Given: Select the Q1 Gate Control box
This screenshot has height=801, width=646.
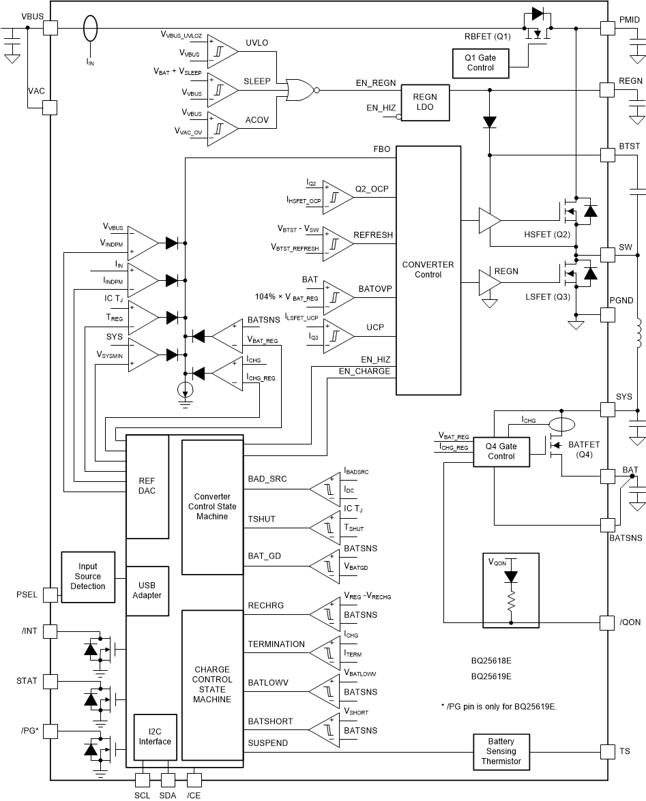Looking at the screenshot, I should (481, 63).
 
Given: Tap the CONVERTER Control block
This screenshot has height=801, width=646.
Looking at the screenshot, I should (428, 270).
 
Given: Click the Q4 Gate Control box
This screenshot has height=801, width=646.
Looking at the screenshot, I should (501, 451).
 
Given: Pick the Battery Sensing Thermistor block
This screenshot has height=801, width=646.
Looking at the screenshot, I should (501, 751).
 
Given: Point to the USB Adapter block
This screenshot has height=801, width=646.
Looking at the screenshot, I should (147, 590).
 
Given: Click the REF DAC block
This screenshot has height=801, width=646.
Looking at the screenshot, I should (147, 485).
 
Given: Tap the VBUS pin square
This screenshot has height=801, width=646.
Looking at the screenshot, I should (50, 27).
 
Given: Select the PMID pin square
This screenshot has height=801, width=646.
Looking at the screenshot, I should (607, 27).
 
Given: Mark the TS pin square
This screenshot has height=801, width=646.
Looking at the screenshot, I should (607, 751).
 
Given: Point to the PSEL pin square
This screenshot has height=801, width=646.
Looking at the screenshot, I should (50, 594).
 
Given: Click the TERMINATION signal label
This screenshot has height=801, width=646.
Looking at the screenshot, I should (276, 644).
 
